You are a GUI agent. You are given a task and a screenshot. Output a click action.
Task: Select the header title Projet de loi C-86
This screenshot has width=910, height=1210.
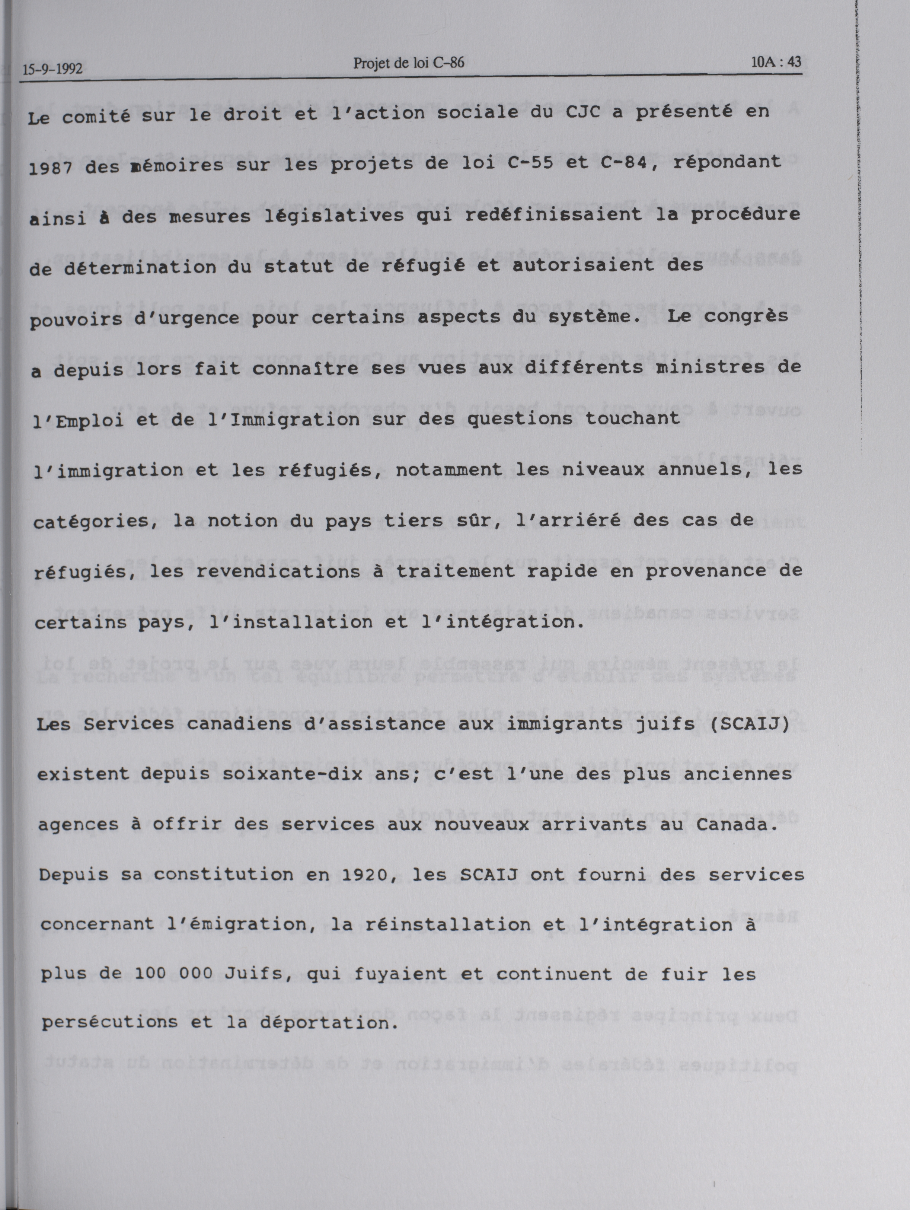click(x=409, y=63)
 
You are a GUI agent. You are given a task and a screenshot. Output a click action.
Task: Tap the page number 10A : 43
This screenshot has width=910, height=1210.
click(x=776, y=62)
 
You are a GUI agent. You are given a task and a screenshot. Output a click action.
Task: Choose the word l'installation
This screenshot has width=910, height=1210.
click(x=281, y=622)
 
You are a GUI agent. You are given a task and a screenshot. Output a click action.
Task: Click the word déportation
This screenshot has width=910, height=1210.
click(x=327, y=1022)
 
